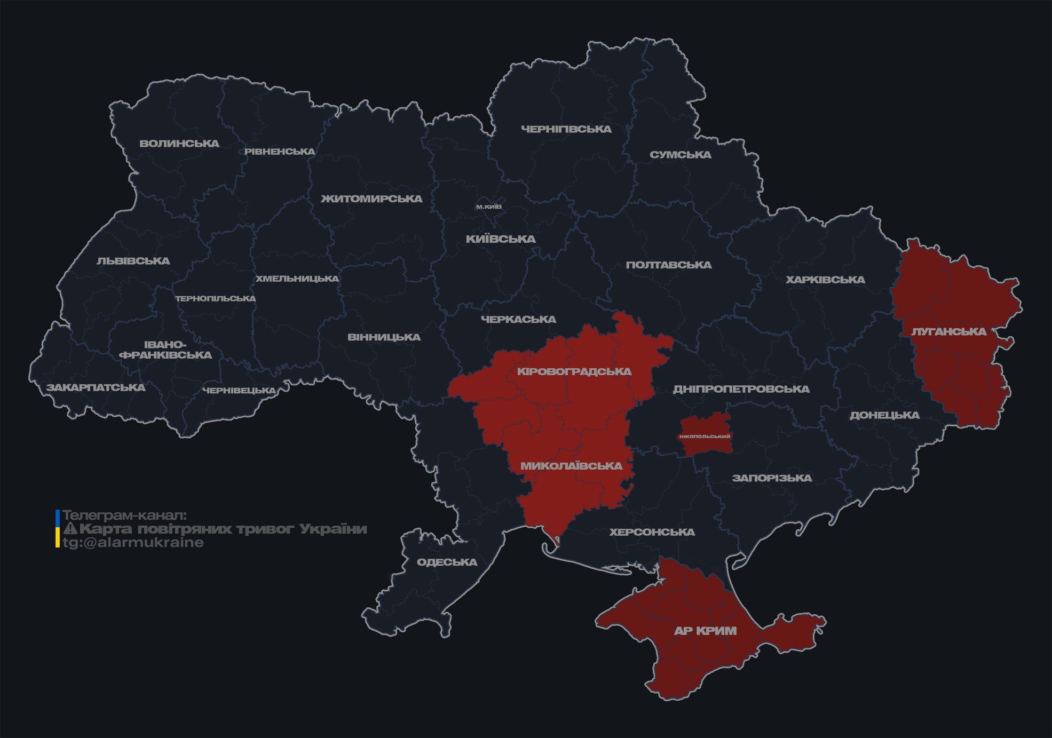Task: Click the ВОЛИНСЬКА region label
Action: click(179, 144)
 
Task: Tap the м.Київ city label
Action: click(488, 207)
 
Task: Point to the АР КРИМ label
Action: click(705, 631)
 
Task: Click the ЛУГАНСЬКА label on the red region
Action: click(948, 332)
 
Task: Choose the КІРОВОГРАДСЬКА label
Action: click(574, 371)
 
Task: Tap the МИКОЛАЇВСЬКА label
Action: click(571, 466)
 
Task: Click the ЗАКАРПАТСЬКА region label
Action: click(96, 387)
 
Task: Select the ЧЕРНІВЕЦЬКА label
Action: click(239, 391)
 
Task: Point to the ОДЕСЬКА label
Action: click(447, 562)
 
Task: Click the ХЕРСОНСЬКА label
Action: click(652, 532)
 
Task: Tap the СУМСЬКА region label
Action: click(680, 155)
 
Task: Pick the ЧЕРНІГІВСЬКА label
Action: click(566, 129)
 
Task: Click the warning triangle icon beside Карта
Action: click(70, 529)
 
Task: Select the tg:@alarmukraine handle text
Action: click(133, 543)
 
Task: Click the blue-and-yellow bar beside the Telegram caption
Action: click(58, 529)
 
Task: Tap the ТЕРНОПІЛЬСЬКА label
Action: click(216, 299)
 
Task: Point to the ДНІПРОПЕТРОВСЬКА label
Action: click(741, 389)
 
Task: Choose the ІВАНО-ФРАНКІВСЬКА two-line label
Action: click(165, 350)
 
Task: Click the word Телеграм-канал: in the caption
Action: click(124, 515)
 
